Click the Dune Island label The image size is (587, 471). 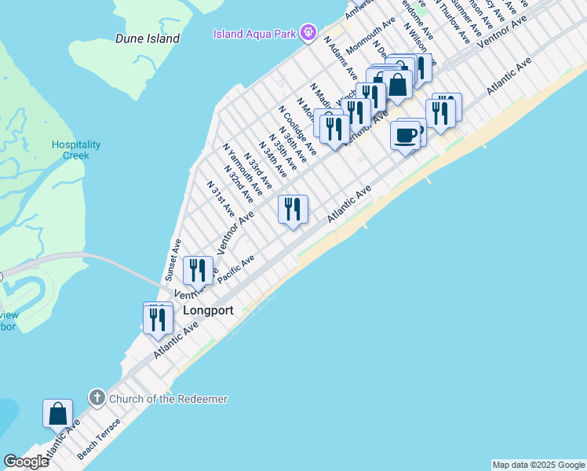(x=148, y=38)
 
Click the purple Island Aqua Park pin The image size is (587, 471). (x=310, y=33)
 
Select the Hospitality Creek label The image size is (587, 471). (x=76, y=150)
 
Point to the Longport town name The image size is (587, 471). (x=208, y=310)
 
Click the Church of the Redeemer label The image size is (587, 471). (x=168, y=399)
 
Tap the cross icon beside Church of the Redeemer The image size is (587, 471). (x=97, y=398)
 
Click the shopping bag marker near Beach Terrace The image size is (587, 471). (x=57, y=413)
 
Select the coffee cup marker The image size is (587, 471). (x=405, y=135)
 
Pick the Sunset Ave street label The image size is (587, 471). (x=173, y=261)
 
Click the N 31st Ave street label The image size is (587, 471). (x=221, y=199)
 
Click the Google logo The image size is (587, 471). (x=26, y=462)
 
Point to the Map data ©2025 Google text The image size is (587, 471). (x=538, y=465)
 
